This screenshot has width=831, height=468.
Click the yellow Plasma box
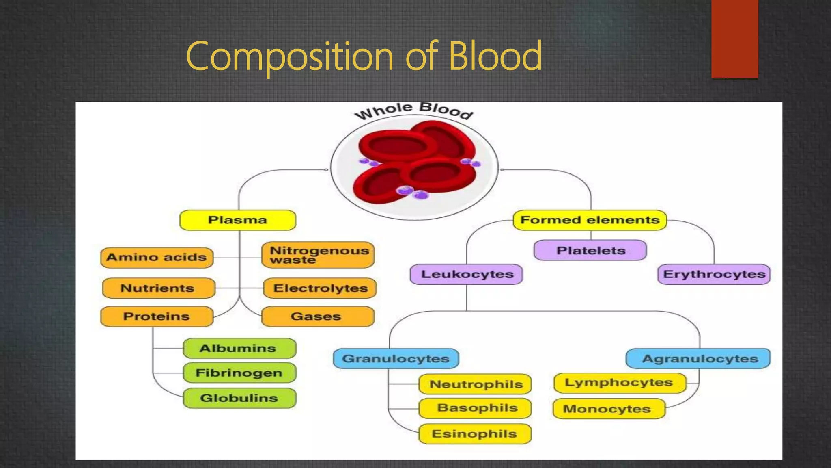pyautogui.click(x=238, y=220)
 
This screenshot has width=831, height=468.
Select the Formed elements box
pyautogui.click(x=590, y=220)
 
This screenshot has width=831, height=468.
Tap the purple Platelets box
pyautogui.click(x=590, y=250)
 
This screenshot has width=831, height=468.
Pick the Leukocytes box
pyautogui.click(x=467, y=274)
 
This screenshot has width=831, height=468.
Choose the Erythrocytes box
pyautogui.click(x=714, y=274)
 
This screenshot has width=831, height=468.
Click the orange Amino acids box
pyautogui.click(x=157, y=257)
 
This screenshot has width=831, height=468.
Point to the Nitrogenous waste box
pyautogui.click(x=318, y=255)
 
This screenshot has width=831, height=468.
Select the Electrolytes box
pyautogui.click(x=320, y=288)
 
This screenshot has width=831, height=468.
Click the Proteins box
pyautogui.click(x=157, y=316)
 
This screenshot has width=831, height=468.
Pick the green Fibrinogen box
pyautogui.click(x=239, y=373)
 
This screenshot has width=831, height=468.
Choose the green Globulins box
pyautogui.click(x=239, y=398)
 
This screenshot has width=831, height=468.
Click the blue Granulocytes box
pyautogui.click(x=396, y=359)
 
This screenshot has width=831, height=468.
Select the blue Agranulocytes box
pyautogui.click(x=698, y=359)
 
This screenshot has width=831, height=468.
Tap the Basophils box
pyautogui.click(x=475, y=408)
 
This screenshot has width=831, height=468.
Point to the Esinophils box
pyautogui.click(x=475, y=434)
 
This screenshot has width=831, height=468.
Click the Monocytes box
pyautogui.click(x=609, y=409)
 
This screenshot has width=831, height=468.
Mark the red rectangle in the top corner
pyautogui.click(x=734, y=39)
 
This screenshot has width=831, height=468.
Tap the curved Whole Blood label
pyautogui.click(x=414, y=110)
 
